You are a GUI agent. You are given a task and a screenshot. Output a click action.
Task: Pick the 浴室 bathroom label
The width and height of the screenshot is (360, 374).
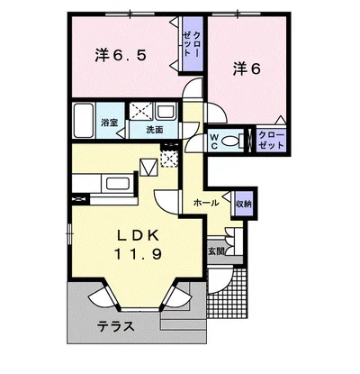coord(110,120)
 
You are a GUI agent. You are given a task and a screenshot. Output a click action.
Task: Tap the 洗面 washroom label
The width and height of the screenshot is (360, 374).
coord(156,130)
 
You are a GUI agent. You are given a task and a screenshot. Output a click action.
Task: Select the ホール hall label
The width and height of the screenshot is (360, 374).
coord(206,203)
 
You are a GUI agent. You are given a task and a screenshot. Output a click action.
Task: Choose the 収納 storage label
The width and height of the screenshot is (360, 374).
coord(244,203)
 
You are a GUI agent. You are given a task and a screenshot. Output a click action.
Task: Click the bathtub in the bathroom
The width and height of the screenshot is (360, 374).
coord(85,120)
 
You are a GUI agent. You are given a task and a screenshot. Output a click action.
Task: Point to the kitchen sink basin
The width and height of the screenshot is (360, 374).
coord(120,182)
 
